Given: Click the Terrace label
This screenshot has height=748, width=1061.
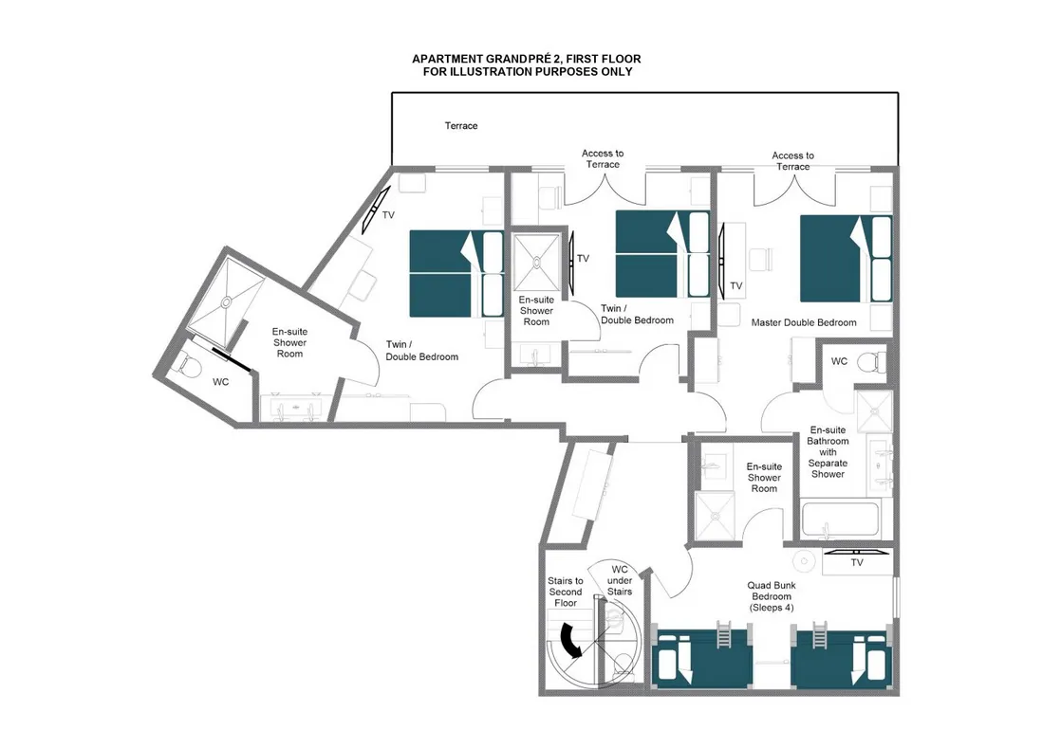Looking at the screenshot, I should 461,126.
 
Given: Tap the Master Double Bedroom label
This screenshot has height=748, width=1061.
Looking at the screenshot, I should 803,323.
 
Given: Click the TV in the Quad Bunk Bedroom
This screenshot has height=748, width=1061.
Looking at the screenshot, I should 856,551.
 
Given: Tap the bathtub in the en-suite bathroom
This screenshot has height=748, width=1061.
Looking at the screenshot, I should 840,520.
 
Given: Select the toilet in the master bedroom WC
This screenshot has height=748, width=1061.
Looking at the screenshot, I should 869,361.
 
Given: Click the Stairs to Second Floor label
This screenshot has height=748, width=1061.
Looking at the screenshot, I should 565,592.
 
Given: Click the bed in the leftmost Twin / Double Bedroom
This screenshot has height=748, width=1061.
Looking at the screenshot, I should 456,274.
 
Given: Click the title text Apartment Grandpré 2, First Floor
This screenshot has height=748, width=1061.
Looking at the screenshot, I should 527,59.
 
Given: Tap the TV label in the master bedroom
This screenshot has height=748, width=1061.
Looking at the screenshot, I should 736,286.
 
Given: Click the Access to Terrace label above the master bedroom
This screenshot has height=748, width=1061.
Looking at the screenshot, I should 792,161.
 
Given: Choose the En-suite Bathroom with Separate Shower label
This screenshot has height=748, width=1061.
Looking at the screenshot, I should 828,451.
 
